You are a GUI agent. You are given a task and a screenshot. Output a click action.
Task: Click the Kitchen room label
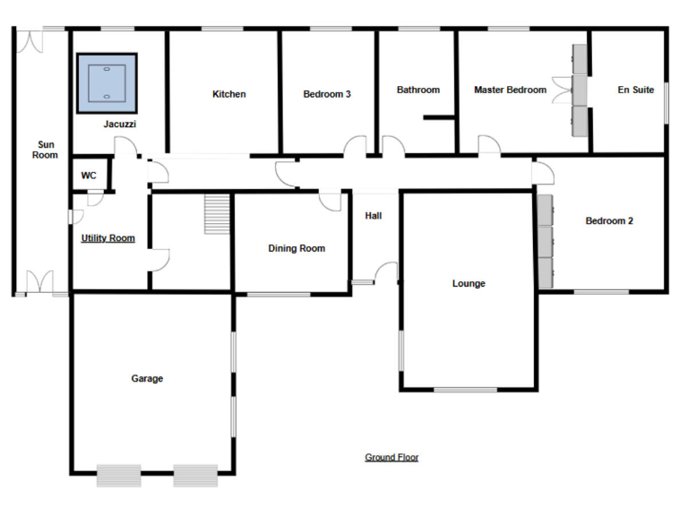228,94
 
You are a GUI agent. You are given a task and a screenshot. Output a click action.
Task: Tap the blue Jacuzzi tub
107,82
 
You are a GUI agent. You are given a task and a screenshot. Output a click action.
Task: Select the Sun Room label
46,150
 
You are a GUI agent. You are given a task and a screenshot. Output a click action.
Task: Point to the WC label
89,176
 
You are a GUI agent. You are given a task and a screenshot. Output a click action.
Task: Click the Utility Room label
107,238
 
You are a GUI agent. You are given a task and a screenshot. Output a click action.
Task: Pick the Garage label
147,379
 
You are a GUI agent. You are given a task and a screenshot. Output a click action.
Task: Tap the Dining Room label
297,248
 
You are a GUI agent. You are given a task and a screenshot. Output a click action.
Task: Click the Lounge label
469,284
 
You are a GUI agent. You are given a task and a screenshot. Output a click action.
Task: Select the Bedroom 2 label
609,220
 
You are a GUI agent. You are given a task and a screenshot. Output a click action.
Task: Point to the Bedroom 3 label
326,94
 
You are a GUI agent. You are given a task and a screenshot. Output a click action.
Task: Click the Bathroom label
418,90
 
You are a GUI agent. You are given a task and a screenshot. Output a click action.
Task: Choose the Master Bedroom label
510,90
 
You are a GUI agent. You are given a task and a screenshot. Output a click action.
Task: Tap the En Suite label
636,90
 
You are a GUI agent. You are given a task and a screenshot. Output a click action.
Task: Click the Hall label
374,216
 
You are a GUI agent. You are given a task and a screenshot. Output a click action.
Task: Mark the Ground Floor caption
391,457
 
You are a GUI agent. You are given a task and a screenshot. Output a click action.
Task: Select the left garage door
119,475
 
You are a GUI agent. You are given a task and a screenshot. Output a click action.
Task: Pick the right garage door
195,475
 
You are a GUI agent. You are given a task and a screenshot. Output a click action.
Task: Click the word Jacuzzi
119,125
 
